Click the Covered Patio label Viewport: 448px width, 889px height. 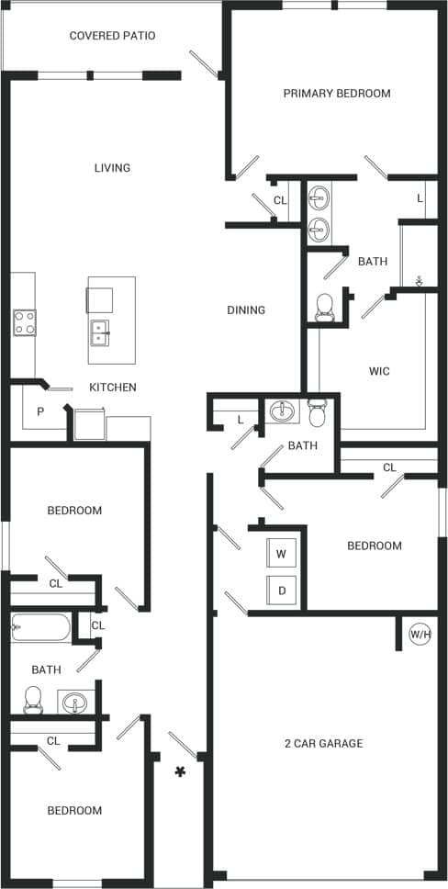(x=112, y=36)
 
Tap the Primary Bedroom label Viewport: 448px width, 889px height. (x=337, y=93)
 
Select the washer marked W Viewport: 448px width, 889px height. (x=281, y=554)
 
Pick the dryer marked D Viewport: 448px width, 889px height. (x=281, y=590)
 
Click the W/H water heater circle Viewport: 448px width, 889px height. (x=420, y=634)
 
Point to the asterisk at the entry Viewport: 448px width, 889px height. (x=181, y=772)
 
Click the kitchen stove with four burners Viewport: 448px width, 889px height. (x=25, y=322)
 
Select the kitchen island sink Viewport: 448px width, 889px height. (x=100, y=331)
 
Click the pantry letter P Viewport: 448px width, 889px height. (x=40, y=411)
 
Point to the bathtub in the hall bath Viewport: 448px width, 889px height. (x=41, y=629)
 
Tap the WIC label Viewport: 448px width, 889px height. (x=379, y=371)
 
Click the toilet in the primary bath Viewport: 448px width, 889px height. (x=325, y=308)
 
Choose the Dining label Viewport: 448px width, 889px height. (x=246, y=310)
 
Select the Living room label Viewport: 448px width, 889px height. (x=112, y=168)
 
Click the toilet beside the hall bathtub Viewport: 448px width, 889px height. (x=33, y=700)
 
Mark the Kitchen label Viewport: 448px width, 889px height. (x=113, y=388)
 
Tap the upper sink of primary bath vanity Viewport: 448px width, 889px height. (x=319, y=197)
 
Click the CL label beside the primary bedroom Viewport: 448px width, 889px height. (x=280, y=200)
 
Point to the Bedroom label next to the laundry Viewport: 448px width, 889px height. (x=374, y=546)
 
